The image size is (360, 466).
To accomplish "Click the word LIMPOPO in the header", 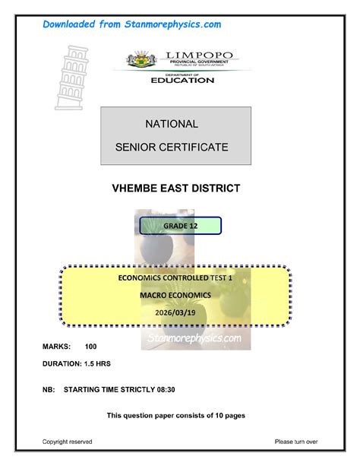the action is click(195, 55).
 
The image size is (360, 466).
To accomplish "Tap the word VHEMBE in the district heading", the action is click(138, 188).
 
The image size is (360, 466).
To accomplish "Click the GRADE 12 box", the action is click(180, 226).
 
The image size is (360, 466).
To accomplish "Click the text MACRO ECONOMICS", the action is click(175, 294).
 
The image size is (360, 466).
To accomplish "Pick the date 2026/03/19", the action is click(175, 309).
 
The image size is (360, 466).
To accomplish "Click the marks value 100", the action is click(91, 347).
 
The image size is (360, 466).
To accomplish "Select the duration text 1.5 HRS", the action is click(98, 363).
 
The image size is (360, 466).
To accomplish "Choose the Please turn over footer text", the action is click(296, 441).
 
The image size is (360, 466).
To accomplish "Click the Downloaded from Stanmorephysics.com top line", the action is click(131, 25).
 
